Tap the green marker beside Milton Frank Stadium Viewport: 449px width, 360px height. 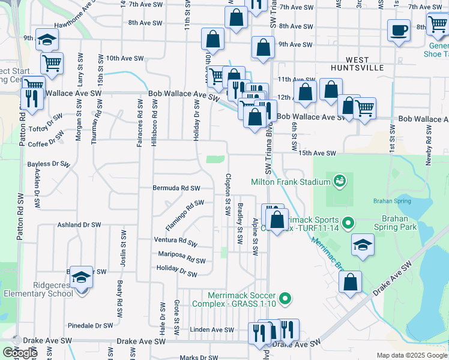[340, 180]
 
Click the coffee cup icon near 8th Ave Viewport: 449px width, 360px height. [399, 30]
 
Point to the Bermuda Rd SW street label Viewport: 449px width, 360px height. [176, 188]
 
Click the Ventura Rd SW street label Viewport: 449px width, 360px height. [175, 242]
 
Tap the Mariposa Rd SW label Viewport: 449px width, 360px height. [181, 257]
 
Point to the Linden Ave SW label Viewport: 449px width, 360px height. [211, 330]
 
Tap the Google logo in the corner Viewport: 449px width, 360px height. [20, 353]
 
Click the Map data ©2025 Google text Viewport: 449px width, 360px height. [411, 356]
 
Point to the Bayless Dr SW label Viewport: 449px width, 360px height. [49, 163]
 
